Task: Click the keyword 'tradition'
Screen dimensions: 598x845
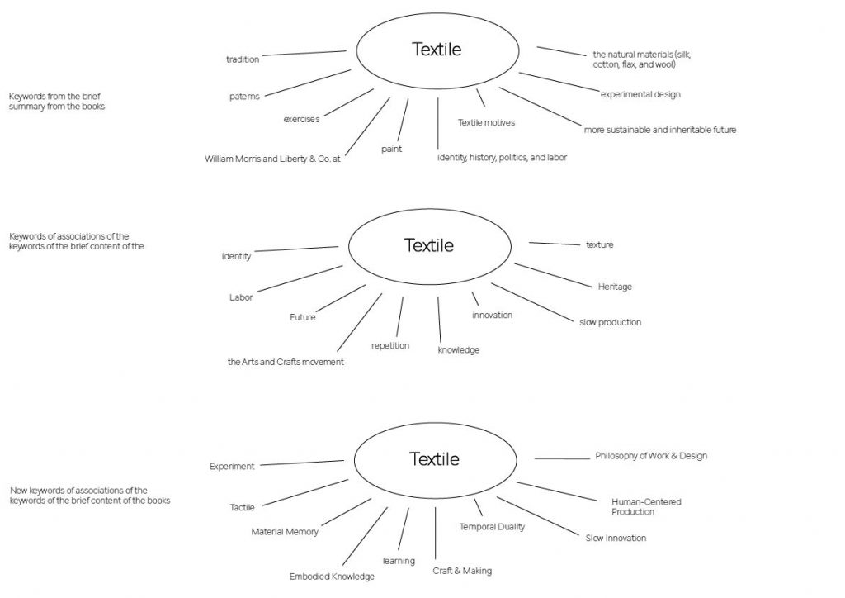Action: [243, 59]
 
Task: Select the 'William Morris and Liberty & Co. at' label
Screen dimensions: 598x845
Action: [272, 159]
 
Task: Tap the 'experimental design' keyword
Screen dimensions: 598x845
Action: [640, 94]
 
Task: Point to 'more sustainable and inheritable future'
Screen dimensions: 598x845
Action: [660, 130]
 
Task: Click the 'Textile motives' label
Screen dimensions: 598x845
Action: [486, 123]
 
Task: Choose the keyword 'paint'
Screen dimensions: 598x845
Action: [391, 149]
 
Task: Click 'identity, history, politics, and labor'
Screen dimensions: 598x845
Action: [502, 157]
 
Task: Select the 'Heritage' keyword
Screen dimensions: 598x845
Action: [615, 287]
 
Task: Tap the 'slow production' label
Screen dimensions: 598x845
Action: [610, 322]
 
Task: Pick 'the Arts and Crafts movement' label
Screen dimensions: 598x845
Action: [286, 362]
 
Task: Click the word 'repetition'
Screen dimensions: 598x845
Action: [390, 345]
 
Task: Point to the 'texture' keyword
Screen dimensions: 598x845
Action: [599, 245]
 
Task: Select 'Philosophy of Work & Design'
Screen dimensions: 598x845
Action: [651, 456]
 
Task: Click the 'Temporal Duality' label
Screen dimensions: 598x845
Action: [492, 527]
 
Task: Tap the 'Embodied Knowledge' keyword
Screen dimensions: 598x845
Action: [332, 577]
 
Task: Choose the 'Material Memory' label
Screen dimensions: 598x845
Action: [285, 532]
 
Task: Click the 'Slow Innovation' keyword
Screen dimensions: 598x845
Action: [616, 539]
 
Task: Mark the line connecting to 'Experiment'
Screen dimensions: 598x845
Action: [301, 463]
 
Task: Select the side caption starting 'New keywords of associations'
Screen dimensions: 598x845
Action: [90, 496]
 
